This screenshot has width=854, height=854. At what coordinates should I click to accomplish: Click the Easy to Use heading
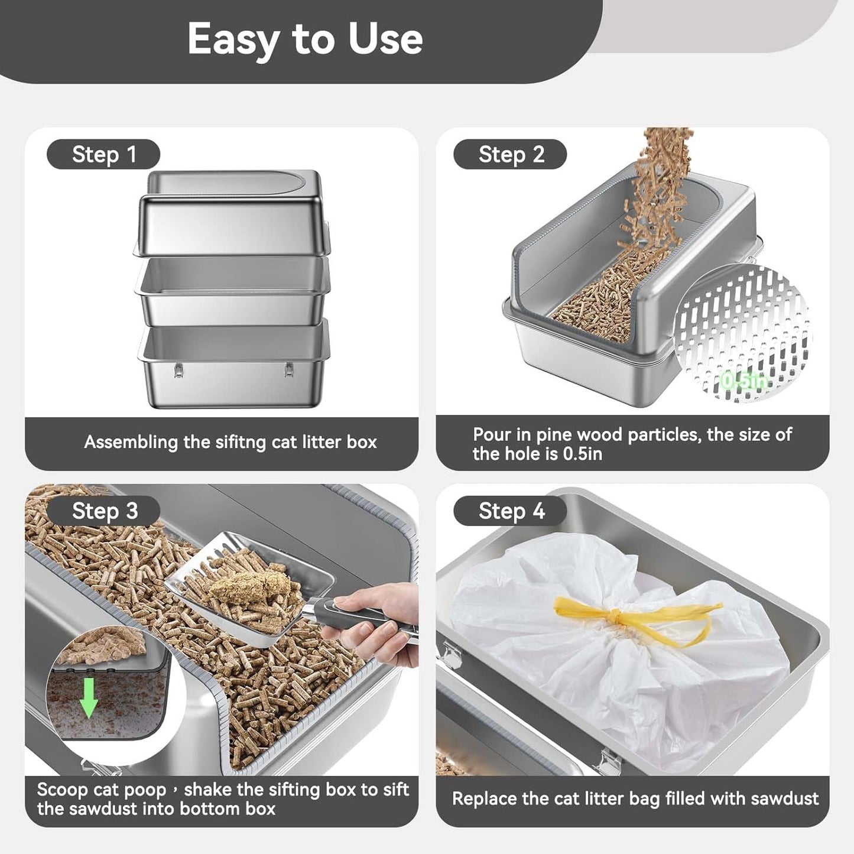click(305, 39)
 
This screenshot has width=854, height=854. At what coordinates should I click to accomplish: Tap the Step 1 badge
click(103, 155)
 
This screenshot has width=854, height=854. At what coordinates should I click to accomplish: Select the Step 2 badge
click(511, 155)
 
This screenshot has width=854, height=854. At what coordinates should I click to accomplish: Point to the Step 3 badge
click(104, 511)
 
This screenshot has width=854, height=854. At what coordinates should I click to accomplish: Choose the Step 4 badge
click(511, 511)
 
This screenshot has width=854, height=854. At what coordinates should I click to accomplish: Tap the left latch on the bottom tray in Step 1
click(178, 369)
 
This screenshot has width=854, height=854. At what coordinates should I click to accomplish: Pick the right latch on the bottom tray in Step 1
click(288, 369)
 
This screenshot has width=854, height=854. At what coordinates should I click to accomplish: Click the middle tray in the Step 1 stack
click(232, 290)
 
